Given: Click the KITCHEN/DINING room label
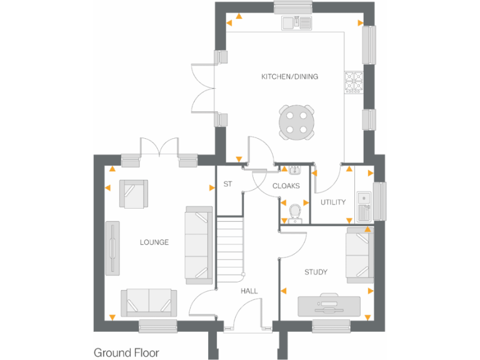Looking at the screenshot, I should (x=289, y=77).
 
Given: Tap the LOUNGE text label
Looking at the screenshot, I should (x=154, y=242).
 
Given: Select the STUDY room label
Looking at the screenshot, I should (x=316, y=272).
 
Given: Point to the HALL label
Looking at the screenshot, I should (x=249, y=291).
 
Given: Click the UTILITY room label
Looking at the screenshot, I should (x=333, y=202).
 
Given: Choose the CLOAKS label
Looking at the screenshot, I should (x=286, y=186).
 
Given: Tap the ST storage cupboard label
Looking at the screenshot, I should (x=228, y=184).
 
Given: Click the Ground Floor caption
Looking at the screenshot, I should (x=126, y=352).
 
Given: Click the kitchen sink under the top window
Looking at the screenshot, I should (x=296, y=23).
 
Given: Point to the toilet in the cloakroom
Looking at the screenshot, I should (x=295, y=212).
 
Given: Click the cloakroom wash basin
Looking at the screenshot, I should (x=293, y=170).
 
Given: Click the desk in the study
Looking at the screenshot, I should (x=329, y=306).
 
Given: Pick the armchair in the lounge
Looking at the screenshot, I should (x=134, y=194).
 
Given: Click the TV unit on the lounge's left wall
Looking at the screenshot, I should (x=112, y=247).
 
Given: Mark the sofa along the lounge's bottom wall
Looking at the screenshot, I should (x=149, y=302).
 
